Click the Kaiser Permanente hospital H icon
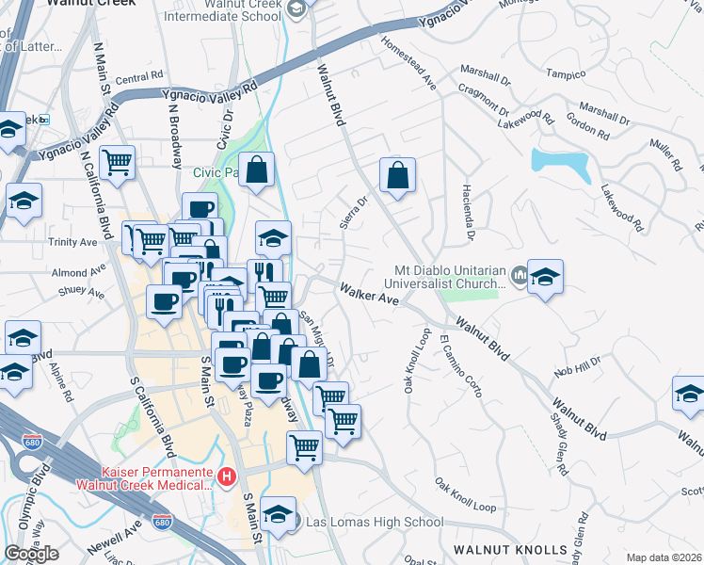pyautogui.click(x=226, y=477)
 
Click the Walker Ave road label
pyautogui.click(x=370, y=295)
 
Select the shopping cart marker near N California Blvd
pyautogui.click(x=118, y=165)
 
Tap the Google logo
pyautogui.click(x=31, y=554)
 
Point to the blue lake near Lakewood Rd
pyautogui.click(x=561, y=166)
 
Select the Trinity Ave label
pyautogui.click(x=73, y=242)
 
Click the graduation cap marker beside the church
pyautogui.click(x=545, y=278)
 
